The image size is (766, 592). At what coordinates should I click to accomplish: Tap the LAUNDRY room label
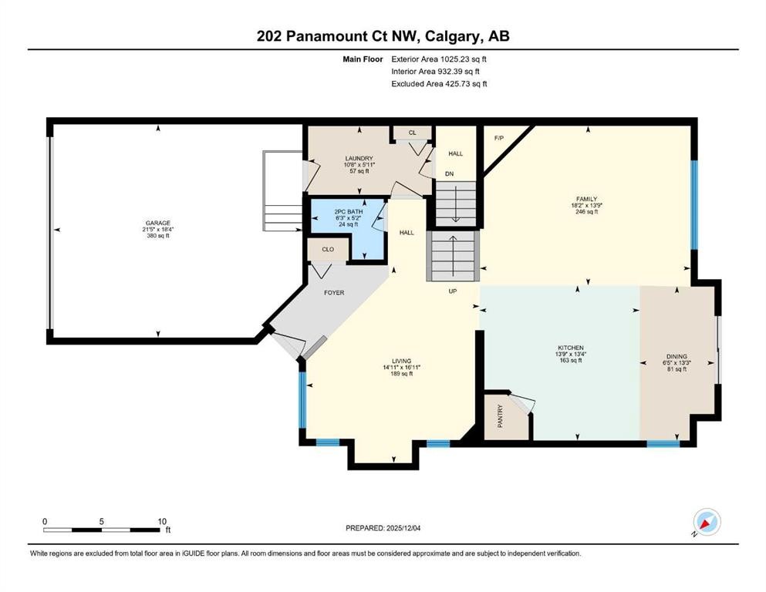click(357, 158)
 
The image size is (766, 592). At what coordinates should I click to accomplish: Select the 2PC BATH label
click(348, 211)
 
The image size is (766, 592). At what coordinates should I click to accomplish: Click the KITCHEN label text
click(571, 348)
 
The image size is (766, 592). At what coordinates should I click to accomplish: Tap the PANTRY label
click(500, 417)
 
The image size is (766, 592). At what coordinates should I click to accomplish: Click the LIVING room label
click(401, 361)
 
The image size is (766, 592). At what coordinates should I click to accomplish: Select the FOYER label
click(333, 293)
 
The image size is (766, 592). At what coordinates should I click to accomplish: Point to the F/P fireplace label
click(499, 139)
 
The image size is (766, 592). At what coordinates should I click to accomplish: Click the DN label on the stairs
click(449, 174)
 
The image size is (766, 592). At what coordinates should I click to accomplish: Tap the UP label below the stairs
click(454, 291)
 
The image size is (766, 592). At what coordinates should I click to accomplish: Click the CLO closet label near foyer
click(327, 250)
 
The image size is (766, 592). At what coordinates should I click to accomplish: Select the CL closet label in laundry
click(412, 133)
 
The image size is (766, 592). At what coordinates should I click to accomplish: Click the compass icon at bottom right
click(707, 523)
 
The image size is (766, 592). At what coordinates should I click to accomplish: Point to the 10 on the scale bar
click(162, 521)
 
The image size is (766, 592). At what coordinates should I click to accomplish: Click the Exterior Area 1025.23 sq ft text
click(439, 59)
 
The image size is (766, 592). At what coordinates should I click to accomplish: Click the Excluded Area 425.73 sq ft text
click(439, 83)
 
